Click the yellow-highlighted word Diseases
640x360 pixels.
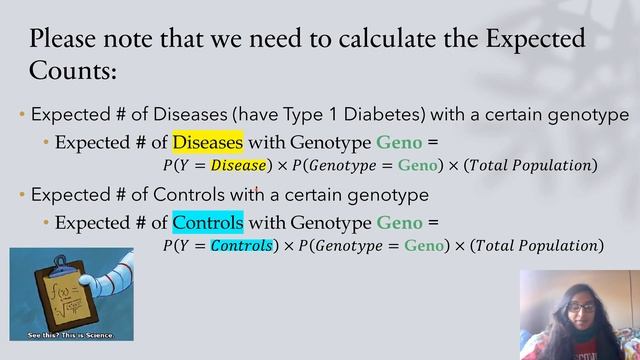207,142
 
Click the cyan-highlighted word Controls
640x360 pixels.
207,221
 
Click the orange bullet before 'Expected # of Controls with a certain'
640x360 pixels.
22,194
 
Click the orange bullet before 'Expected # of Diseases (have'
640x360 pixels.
22,114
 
